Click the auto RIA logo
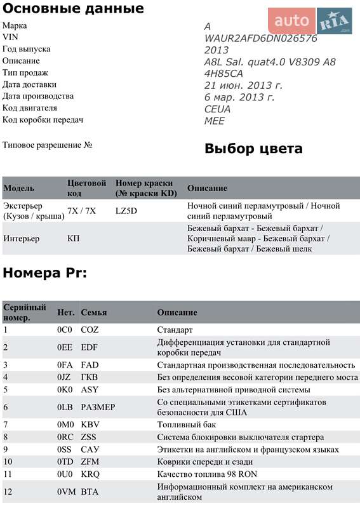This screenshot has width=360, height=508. [310, 22]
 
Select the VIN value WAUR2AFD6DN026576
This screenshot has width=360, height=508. [260, 38]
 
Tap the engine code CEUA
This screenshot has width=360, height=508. [217, 109]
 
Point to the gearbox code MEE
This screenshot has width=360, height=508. [214, 121]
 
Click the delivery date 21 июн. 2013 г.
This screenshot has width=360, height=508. [243, 85]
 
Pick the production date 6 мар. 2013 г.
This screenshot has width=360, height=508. [239, 97]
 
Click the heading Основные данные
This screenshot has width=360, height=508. [73, 9]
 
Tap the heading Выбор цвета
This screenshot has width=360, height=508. [253, 149]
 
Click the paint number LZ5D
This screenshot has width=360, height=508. [126, 211]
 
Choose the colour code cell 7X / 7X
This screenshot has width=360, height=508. [81, 211]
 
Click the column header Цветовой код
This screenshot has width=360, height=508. [87, 188]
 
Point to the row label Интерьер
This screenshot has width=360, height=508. [21, 239]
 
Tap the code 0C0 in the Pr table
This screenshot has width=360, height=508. [65, 330]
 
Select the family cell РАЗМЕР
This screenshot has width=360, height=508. [98, 407]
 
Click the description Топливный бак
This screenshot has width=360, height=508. [187, 424]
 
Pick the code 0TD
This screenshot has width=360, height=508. [65, 461]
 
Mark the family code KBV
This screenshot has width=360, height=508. [91, 424]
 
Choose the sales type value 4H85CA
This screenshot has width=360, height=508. [223, 73]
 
